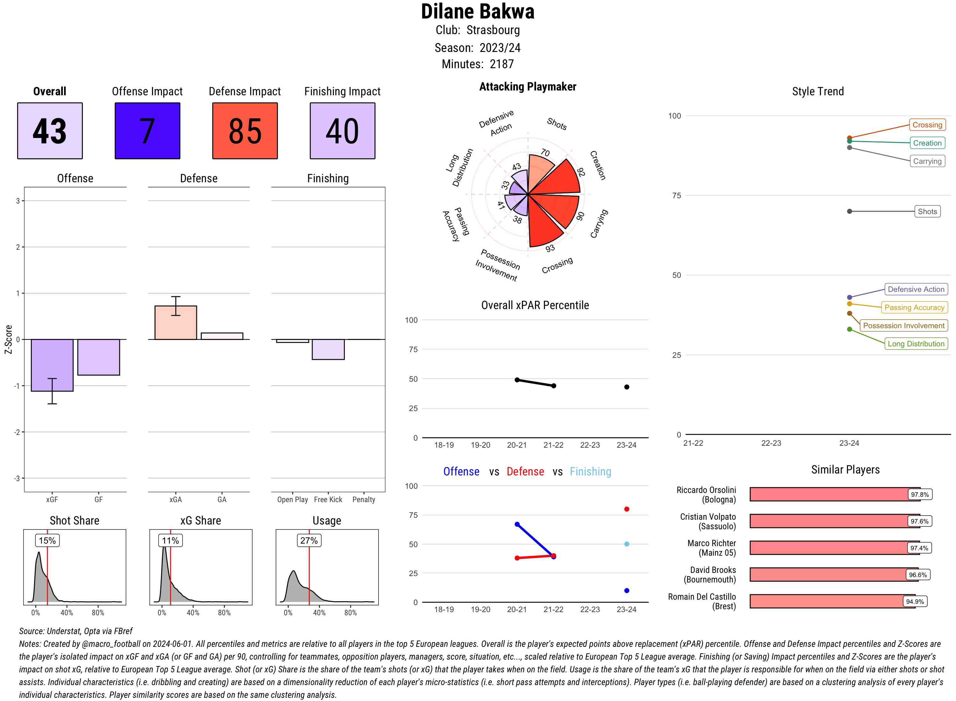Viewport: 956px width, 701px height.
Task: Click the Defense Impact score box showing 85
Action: tap(245, 131)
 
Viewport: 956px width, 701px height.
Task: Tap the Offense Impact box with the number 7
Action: tap(147, 131)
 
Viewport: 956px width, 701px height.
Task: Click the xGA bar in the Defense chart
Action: tap(176, 322)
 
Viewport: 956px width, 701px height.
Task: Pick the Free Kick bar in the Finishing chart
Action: tap(328, 349)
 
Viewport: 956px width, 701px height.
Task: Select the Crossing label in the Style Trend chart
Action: tap(927, 125)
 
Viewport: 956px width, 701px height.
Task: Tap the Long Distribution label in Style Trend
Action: tap(916, 344)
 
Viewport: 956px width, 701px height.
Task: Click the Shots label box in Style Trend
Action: tap(927, 211)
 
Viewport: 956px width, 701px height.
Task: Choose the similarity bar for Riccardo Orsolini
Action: tap(834, 494)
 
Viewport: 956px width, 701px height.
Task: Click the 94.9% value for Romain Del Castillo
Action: tap(915, 601)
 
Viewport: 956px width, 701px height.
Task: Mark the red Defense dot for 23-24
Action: tap(626, 509)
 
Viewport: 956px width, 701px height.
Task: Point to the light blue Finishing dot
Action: tap(626, 544)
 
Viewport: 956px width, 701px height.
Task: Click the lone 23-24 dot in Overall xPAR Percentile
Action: tap(626, 387)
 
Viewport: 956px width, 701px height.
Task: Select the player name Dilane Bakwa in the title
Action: tap(477, 11)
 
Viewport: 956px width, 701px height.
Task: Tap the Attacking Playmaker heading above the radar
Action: tap(527, 87)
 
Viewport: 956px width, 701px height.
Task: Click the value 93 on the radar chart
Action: tap(550, 248)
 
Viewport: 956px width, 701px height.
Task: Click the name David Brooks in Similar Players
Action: tap(713, 570)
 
